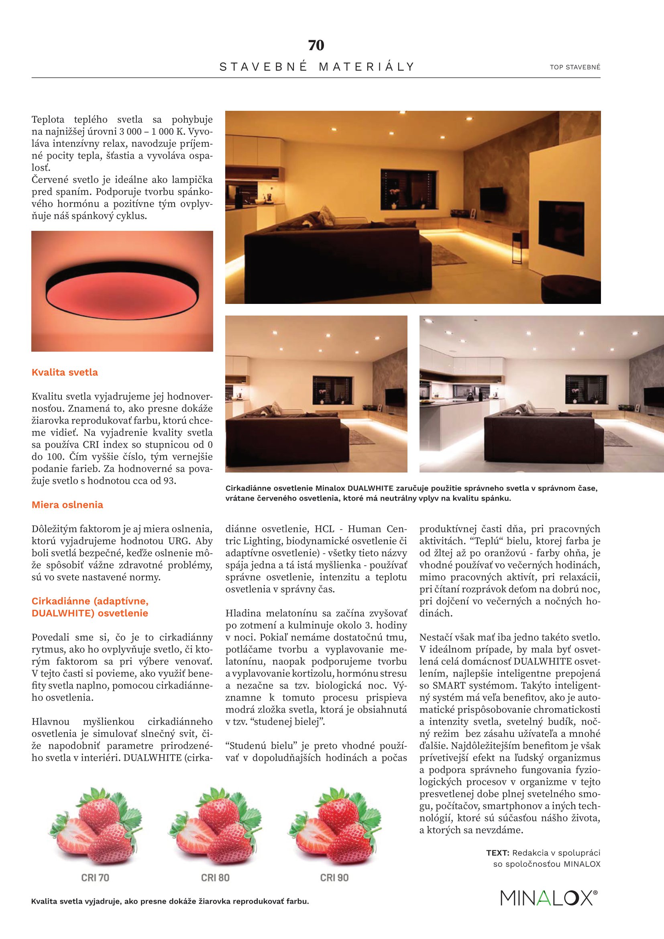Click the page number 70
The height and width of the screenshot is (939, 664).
point(316,45)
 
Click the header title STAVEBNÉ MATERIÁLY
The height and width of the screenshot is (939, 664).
point(317,67)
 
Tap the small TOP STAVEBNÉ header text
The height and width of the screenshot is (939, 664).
point(575,67)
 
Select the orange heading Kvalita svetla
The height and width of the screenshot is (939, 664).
point(65,372)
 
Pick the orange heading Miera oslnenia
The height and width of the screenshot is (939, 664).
point(67,505)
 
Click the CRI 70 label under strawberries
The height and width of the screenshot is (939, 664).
point(95,878)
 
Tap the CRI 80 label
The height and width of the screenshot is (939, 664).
point(215,878)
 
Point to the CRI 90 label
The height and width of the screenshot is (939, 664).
point(334,878)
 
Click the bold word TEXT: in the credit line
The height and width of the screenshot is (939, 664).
point(497,853)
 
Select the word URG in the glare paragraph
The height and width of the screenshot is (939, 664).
point(179,541)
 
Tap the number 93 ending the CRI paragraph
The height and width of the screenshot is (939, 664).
point(169,481)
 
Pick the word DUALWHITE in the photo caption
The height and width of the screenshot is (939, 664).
point(371,488)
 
